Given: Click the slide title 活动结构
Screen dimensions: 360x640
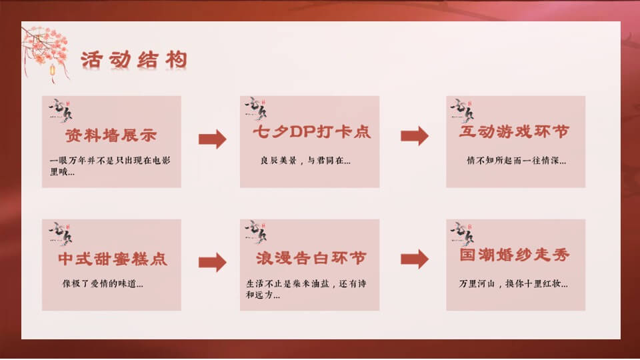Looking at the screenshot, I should pos(133,59).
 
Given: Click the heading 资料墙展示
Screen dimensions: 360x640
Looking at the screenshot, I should pos(111,135).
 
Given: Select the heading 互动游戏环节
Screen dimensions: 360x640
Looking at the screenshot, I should pos(515,132).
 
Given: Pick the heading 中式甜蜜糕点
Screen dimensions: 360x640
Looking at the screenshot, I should pos(112,259).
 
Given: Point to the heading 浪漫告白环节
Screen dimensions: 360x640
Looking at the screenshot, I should pos(311,258).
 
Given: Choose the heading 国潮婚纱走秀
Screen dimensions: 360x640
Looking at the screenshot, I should pos(515,255).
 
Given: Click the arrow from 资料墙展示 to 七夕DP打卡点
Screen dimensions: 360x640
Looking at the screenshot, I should pos(212,139).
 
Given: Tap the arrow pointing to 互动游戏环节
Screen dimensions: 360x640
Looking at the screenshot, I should pos(414,135).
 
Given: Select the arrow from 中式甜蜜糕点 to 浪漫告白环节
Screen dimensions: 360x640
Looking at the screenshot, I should pos(212,262).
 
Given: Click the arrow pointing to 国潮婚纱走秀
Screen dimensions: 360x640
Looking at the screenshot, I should pos(414,259).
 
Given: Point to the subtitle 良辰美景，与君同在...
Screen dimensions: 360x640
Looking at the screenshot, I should pos(305,161).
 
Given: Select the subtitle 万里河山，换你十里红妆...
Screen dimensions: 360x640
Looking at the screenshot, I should pos(513,283).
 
